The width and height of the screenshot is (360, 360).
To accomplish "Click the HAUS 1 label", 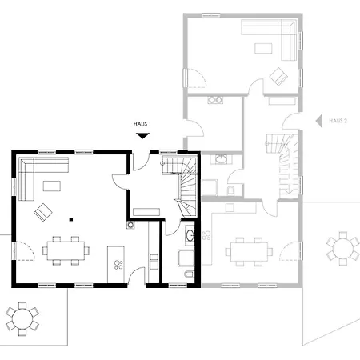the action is (142, 124).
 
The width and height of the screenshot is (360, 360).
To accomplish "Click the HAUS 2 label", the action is (338, 121).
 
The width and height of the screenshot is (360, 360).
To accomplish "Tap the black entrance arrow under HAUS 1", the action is (142, 136).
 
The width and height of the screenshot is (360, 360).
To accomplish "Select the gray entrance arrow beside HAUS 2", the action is (318, 121).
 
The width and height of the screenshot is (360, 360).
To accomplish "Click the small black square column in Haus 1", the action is (71, 219).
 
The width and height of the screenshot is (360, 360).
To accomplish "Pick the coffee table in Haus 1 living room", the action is (52, 186).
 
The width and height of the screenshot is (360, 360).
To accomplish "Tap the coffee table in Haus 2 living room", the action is (263, 48).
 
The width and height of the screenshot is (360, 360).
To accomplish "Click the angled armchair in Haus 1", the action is (43, 212).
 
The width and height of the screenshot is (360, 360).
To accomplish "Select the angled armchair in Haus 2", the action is (278, 76).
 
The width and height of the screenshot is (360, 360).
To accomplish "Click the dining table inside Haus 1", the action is (66, 250).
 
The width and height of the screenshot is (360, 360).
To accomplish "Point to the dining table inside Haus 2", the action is (250, 252).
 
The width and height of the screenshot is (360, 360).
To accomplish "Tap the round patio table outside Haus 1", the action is (22, 318).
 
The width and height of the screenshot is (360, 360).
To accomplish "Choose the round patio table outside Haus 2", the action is (343, 249).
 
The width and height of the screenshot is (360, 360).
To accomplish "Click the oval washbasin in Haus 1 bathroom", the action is (190, 235).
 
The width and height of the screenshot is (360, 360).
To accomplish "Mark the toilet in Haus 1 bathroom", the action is (190, 274).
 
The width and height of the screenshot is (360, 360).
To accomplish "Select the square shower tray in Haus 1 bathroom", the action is (186, 258).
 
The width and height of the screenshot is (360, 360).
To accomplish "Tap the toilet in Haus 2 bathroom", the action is (231, 190).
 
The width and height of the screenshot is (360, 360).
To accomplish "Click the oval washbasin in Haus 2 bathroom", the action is (221, 159).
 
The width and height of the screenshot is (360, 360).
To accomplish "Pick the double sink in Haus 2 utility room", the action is (215, 100).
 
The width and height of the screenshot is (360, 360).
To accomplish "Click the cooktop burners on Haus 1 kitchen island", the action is (118, 265).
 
